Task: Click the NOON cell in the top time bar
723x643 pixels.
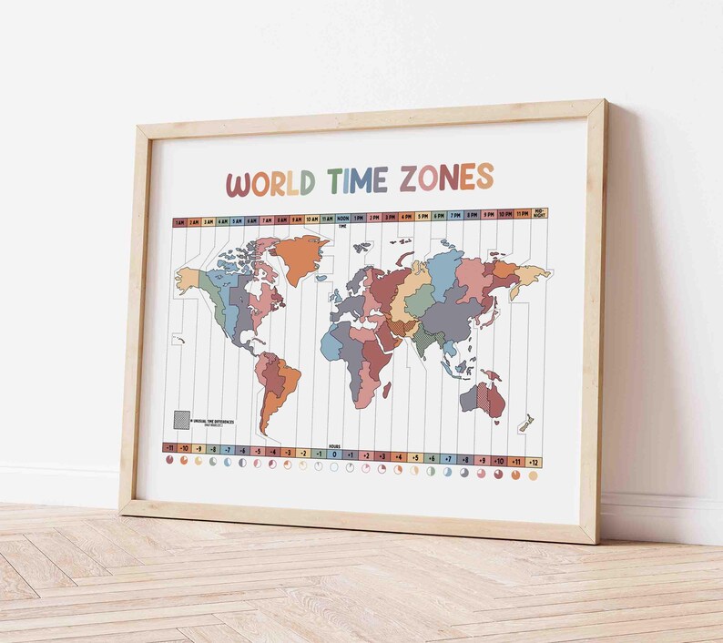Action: [342, 219]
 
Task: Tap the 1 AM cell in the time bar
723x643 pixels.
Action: [180, 221]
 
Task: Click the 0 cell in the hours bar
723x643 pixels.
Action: [334, 454]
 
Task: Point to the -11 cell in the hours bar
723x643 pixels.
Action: [168, 448]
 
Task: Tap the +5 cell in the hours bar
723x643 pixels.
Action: [414, 456]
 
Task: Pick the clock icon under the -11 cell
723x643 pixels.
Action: [168, 461]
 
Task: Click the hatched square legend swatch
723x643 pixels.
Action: [182, 419]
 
